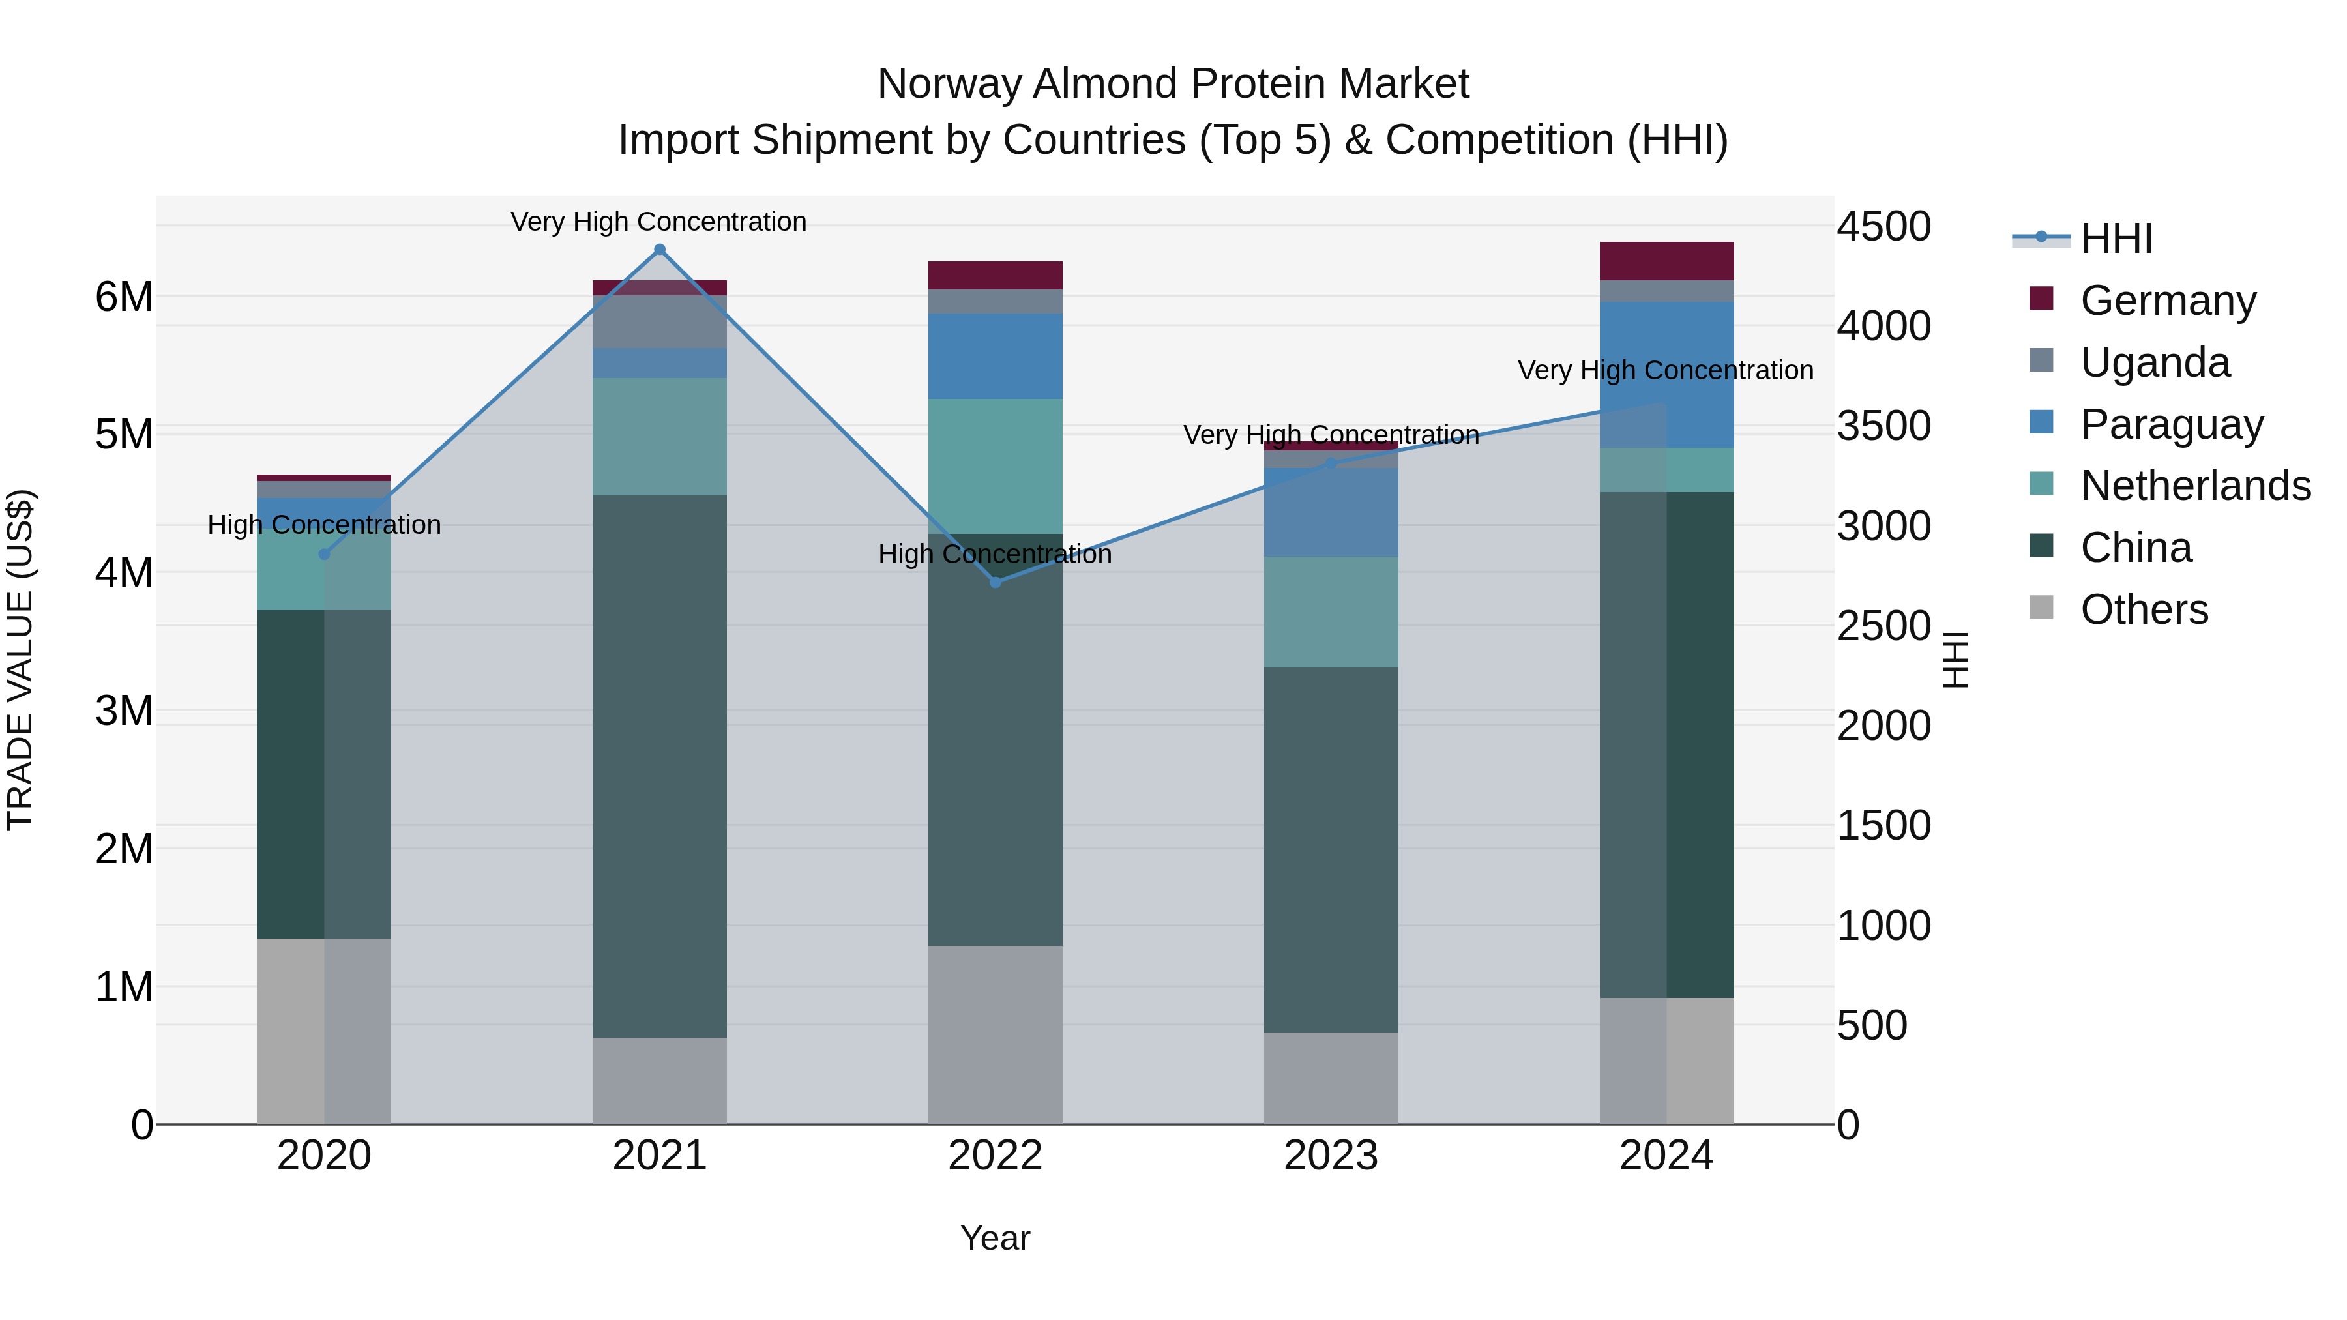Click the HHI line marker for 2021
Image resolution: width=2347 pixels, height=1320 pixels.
[x=660, y=250]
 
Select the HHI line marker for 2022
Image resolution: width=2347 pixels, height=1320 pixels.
[x=995, y=582]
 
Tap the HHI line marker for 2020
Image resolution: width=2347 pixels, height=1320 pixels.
[x=325, y=554]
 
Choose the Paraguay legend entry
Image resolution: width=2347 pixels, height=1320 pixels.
[x=2170, y=424]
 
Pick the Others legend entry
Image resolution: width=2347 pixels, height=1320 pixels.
[x=2143, y=609]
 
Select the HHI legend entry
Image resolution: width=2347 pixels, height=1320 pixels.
[x=2116, y=239]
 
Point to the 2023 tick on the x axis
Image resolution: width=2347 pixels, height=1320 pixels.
[x=1330, y=1156]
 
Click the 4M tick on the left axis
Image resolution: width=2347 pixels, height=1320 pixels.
[x=124, y=572]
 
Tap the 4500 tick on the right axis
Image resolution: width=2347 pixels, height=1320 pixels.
[x=1883, y=226]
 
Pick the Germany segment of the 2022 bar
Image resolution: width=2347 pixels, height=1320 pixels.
[x=995, y=275]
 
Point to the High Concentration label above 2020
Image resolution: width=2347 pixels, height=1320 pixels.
[x=325, y=525]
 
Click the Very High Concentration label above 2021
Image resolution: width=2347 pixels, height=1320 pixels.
[x=658, y=222]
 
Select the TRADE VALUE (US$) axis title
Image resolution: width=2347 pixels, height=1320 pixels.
[x=20, y=660]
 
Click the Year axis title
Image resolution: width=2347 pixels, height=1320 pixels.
[x=995, y=1238]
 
